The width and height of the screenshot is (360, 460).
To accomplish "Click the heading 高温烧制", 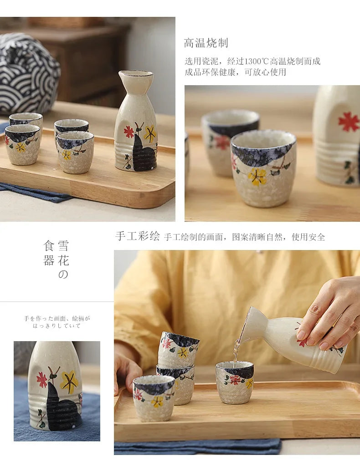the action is (206, 43).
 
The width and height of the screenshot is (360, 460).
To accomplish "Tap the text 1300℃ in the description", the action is (257, 61).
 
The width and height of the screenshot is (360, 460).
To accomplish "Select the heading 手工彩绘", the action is (138, 236).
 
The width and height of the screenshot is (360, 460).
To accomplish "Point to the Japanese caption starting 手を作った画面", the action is (57, 322).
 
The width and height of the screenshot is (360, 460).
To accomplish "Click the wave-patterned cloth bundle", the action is (28, 74).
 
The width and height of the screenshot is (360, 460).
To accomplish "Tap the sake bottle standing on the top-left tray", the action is (136, 121).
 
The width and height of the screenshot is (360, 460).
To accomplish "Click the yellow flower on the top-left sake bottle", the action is (150, 134).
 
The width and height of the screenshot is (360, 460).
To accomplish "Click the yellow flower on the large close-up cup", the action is (257, 177).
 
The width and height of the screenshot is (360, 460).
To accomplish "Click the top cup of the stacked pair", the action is (179, 349).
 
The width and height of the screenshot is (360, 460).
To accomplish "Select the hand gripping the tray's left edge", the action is (125, 370).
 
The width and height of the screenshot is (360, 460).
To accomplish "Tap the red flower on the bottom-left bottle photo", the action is (42, 380).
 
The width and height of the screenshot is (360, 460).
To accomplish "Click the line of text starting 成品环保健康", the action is (235, 72).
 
